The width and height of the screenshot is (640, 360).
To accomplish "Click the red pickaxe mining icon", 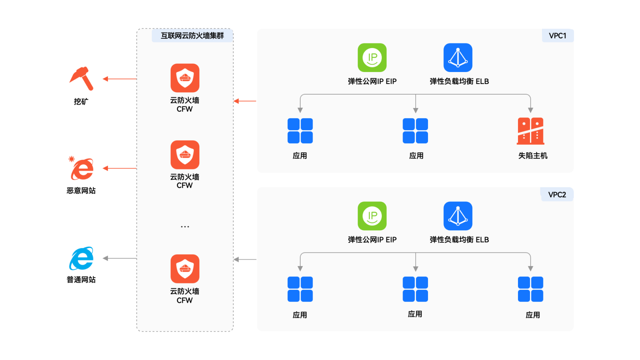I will click(x=81, y=78).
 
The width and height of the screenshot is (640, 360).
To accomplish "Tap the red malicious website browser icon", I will click(x=82, y=169).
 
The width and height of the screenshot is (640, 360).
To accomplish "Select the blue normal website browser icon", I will click(x=82, y=258).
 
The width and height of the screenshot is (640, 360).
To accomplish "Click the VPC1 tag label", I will click(x=557, y=36).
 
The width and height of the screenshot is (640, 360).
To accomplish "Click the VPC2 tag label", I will click(x=557, y=194).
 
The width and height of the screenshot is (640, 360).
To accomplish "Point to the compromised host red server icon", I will click(x=530, y=131).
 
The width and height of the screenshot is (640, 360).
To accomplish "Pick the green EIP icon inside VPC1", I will click(x=372, y=58).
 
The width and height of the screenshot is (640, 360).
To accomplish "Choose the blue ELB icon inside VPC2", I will click(x=458, y=216).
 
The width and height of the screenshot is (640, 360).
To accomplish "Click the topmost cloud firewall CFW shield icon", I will click(x=185, y=78).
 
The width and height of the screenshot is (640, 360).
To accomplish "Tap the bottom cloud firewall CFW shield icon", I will click(x=185, y=269).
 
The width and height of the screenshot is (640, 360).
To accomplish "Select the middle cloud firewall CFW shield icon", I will click(x=185, y=155).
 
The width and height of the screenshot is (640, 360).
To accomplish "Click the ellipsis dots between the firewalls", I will click(x=185, y=227).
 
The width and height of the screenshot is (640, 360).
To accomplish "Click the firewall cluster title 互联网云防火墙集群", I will click(x=192, y=36).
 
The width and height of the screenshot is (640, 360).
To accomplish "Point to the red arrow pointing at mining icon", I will click(x=119, y=79).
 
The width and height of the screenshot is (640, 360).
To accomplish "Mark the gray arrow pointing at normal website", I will click(x=119, y=258).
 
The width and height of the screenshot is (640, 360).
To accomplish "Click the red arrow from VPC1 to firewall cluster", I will click(x=245, y=101).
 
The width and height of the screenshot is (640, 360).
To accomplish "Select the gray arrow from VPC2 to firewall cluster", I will click(x=245, y=260).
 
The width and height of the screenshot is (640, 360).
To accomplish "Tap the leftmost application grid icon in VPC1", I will click(x=300, y=131).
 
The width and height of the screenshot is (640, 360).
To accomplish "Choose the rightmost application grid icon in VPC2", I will click(x=530, y=289).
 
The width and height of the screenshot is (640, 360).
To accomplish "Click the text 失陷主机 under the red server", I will click(x=532, y=156).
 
